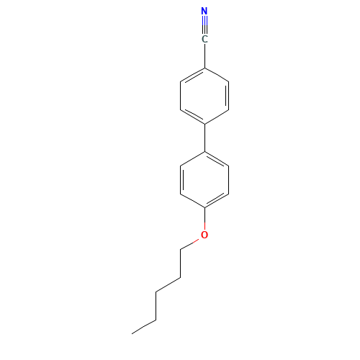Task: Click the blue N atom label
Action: click(204, 11)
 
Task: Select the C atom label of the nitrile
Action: click(204, 39)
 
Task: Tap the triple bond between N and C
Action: click(204, 25)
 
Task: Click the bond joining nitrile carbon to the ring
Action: click(204, 56)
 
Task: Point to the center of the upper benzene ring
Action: click(204, 96)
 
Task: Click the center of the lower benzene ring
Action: click(204, 179)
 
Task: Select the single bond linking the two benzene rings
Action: click(204, 138)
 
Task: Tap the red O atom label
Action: click(204, 235)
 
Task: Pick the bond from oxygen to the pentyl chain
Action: click(189, 244)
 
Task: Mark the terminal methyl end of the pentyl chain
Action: click(132, 333)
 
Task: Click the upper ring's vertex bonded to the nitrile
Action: click(204, 68)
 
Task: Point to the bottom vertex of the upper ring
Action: click(204, 125)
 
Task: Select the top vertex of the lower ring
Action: click(204, 152)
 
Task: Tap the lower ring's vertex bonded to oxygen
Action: click(204, 207)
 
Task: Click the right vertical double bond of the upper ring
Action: click(228, 96)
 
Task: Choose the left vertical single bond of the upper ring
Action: click(181, 96)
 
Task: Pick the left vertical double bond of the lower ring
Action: click(181, 179)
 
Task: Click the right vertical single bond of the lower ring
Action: click(229, 179)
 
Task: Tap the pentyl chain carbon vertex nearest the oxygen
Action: click(181, 250)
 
